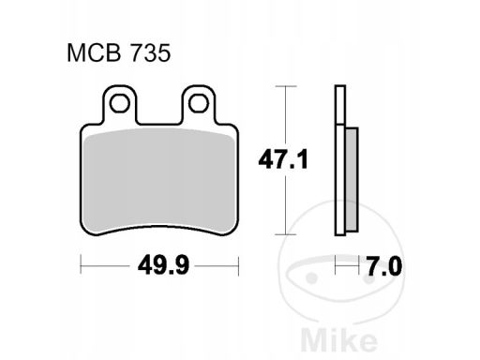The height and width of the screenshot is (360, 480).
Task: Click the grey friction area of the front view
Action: tap(159, 178)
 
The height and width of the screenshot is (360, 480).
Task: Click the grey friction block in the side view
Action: tap(351, 178)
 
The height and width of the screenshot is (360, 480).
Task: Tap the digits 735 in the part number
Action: tap(153, 54)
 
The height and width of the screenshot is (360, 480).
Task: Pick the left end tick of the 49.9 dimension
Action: tap(81, 267)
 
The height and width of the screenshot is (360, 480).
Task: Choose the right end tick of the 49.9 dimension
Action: tap(239, 267)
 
